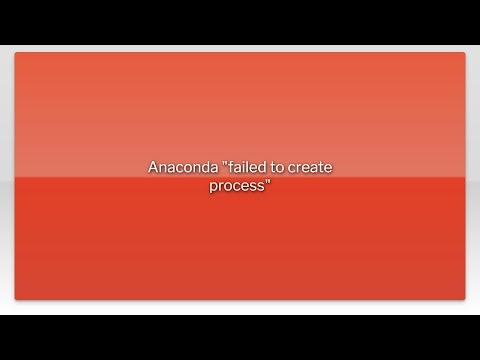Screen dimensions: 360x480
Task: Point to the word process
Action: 236,186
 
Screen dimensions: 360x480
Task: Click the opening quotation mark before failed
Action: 210,165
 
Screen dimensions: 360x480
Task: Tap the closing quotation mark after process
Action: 268,182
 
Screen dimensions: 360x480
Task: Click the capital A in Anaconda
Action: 153,169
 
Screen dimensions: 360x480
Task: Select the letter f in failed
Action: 217,169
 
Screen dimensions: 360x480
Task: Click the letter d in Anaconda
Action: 193,169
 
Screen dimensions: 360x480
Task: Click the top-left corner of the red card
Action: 15,53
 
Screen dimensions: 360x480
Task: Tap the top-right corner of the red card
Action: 465,53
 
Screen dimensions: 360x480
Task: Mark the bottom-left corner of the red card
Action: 15,299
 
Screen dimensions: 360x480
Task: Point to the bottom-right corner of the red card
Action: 465,299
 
